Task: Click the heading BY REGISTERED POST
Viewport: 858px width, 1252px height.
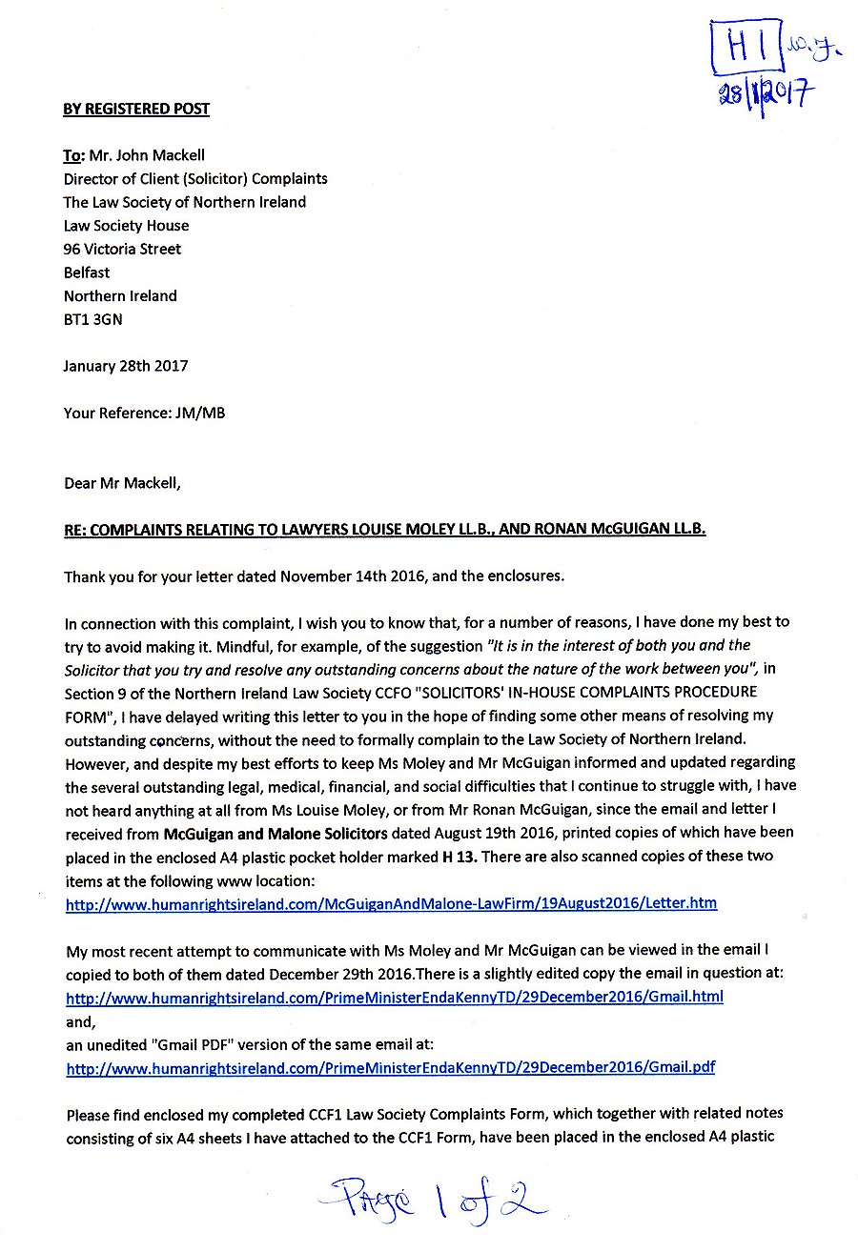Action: [x=136, y=109]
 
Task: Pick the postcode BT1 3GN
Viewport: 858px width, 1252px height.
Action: [x=92, y=319]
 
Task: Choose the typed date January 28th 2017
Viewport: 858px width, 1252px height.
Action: [x=126, y=366]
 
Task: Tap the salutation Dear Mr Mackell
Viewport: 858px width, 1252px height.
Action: [x=122, y=483]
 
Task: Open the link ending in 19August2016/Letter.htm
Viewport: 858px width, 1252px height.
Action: [x=391, y=903]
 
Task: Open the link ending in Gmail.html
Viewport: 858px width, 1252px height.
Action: [x=394, y=997]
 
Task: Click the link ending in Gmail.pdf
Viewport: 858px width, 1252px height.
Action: [x=390, y=1067]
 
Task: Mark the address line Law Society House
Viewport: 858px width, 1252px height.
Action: [x=126, y=226]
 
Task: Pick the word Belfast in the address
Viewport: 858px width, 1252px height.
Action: [x=87, y=273]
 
